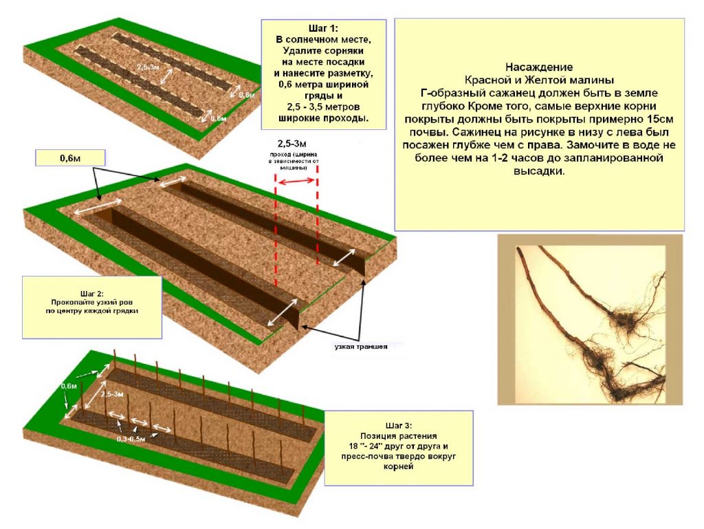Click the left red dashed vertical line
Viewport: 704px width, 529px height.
click(x=275, y=230)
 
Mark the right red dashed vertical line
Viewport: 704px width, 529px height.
click(x=317, y=220)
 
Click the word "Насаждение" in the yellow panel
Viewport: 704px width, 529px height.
click(x=539, y=67)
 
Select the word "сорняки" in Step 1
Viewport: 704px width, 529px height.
click(x=341, y=51)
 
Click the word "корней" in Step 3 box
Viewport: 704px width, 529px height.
click(x=399, y=467)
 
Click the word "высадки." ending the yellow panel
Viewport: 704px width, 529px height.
click(x=539, y=171)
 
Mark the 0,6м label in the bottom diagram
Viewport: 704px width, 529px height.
click(x=69, y=386)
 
